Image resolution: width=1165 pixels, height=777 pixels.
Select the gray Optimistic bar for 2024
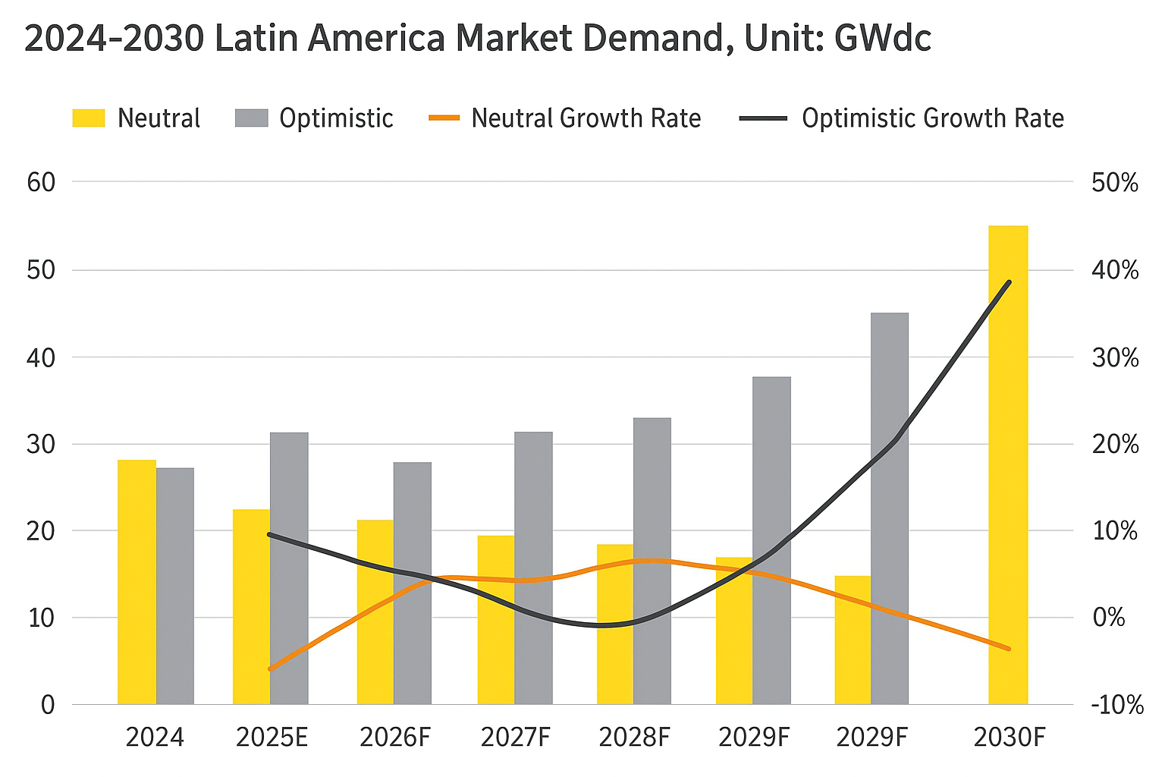(x=175, y=586)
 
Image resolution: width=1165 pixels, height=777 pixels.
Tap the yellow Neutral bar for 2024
(x=137, y=582)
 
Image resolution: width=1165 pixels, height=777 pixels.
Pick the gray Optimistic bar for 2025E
(x=289, y=568)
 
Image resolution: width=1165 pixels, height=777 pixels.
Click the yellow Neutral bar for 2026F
(x=375, y=612)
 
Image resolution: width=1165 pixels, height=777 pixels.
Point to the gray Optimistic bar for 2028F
(x=652, y=561)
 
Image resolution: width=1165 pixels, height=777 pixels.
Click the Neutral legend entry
(x=137, y=118)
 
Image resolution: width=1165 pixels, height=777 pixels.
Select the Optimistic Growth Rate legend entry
(x=903, y=118)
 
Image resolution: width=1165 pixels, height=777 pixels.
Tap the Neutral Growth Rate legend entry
(x=565, y=118)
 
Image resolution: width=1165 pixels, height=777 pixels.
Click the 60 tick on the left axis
(x=42, y=182)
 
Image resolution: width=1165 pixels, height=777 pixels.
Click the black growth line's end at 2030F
(x=1010, y=282)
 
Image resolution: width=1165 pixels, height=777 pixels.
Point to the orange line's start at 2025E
(x=270, y=669)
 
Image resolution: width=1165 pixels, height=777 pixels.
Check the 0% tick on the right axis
(x=1108, y=618)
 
